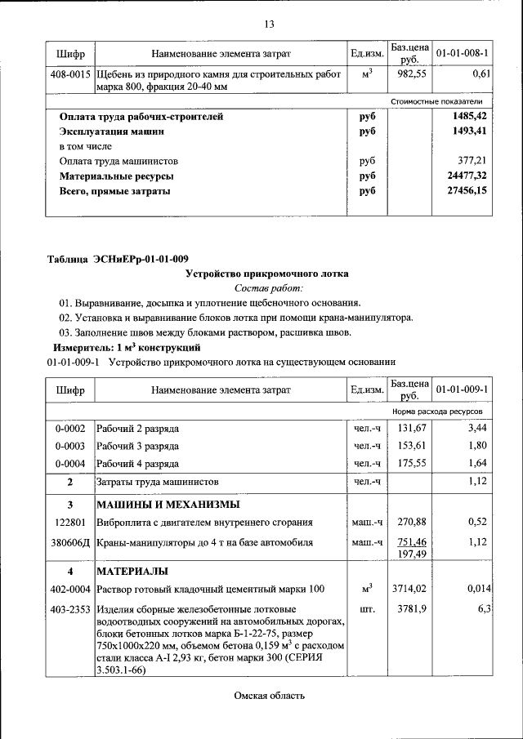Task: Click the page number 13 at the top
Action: [269, 24]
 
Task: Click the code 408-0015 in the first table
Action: [70, 74]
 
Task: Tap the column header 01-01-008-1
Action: [463, 54]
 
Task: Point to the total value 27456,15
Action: [467, 191]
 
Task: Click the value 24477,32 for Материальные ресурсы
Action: [467, 176]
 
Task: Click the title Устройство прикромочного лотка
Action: [268, 274]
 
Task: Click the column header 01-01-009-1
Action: [463, 390]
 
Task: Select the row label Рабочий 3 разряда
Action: [138, 446]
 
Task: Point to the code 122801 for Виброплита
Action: [70, 522]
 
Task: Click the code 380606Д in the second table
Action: [70, 542]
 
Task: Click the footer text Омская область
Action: [269, 696]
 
